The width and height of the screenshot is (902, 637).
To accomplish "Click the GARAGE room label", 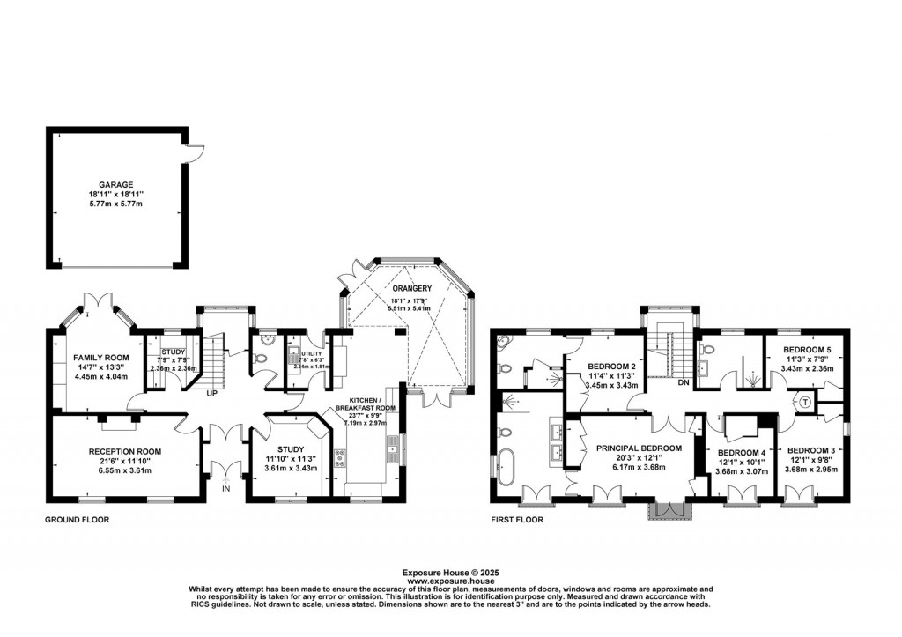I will coord(115,186).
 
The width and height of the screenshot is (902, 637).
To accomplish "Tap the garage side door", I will coord(195,152).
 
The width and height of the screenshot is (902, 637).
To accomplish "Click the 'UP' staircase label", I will coord(212,394).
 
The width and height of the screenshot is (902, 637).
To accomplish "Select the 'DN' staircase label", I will coord(683,382).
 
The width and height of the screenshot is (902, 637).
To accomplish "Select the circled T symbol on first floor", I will coord(805,401).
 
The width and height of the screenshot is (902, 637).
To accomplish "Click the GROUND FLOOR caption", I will coord(78,520).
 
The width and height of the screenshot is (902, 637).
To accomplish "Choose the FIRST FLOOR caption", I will coord(517,520).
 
